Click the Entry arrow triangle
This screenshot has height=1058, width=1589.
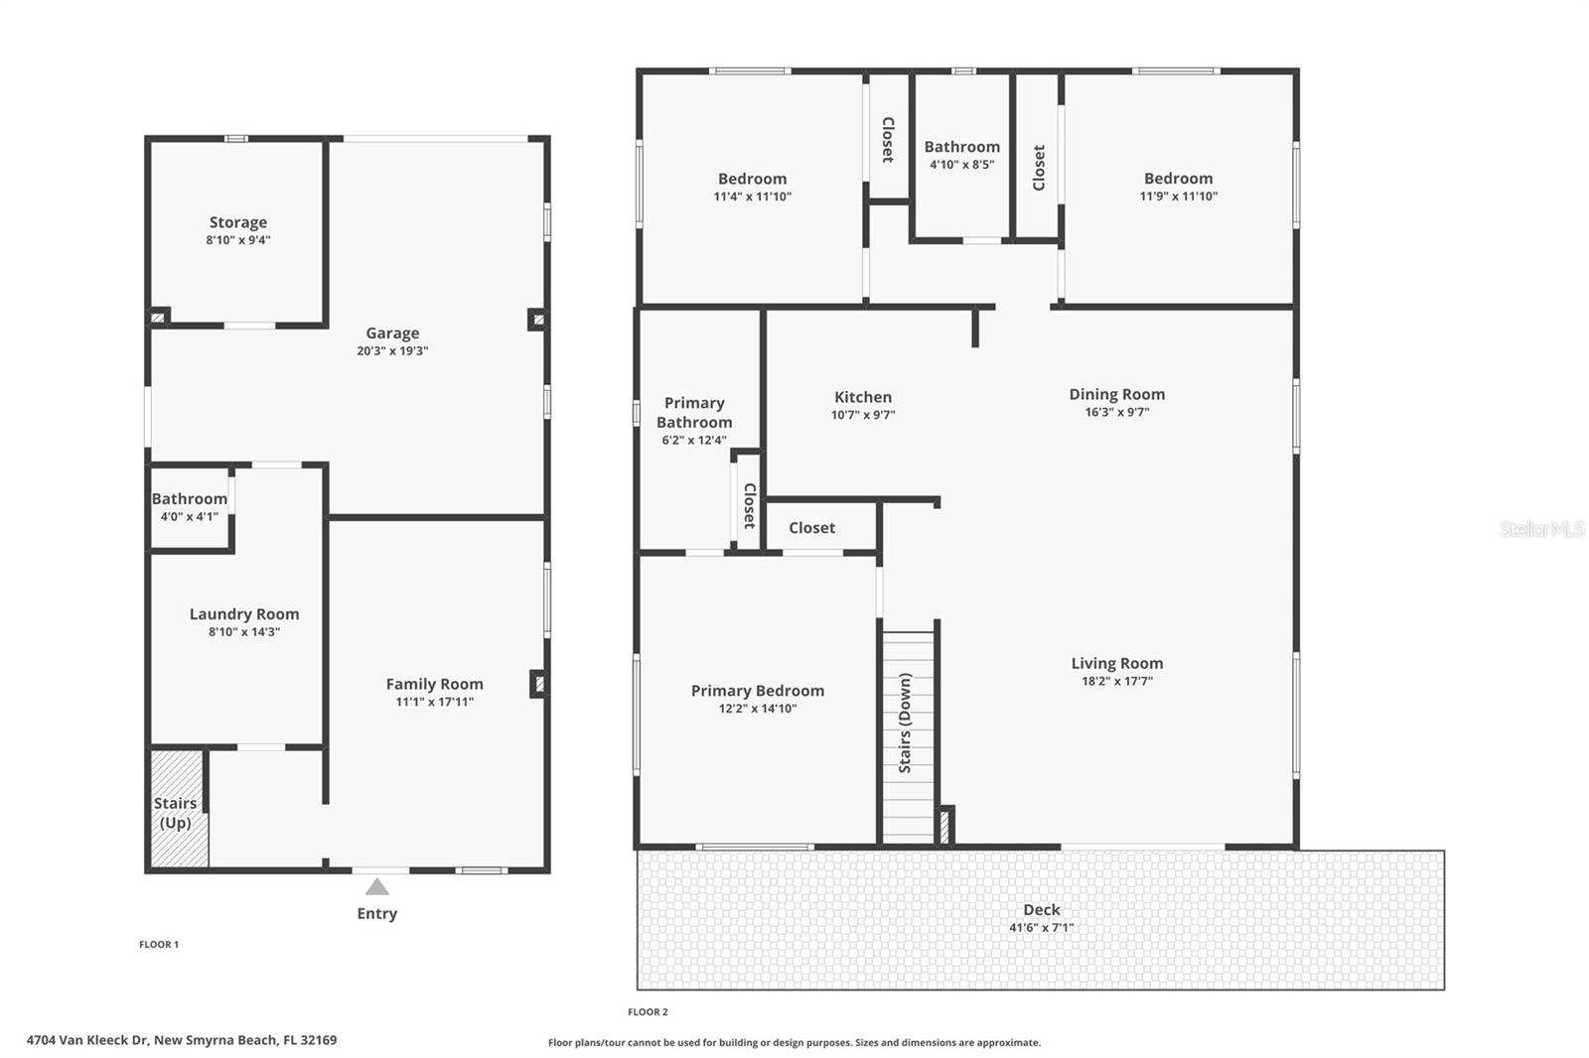pos(376,887)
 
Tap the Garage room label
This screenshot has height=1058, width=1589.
pos(392,333)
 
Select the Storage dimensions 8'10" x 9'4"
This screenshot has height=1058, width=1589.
pos(238,240)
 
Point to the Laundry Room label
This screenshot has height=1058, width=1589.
pos(244,614)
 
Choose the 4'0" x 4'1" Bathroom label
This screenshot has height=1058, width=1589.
pos(189,499)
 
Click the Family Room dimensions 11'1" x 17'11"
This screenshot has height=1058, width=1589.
pos(434,702)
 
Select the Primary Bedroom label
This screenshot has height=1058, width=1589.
pos(757,691)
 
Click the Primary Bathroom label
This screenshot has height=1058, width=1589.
pos(694,413)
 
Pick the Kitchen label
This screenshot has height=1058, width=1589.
pos(862,397)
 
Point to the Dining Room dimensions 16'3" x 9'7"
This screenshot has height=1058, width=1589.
pos(1116,412)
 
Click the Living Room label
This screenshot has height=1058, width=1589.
pos(1116,663)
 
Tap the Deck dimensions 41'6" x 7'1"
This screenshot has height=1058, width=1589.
pos(1041,928)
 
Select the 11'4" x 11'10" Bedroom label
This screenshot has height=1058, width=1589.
pos(752,179)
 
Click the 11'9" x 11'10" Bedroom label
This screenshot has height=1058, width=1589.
pos(1178,179)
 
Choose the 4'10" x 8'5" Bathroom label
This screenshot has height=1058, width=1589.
pos(961,147)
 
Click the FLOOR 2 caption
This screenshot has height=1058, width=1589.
pos(648,1012)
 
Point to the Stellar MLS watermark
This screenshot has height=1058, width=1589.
pos(1541,529)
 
